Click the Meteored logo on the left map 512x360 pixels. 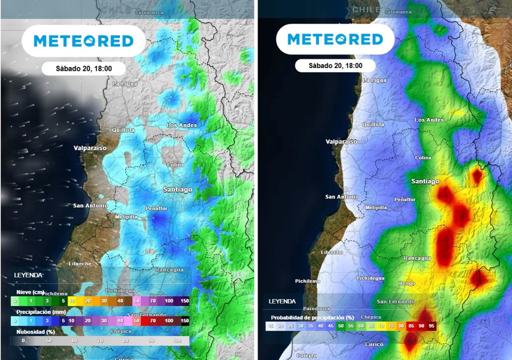click(x=83, y=41)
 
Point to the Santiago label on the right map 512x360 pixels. click(x=425, y=181)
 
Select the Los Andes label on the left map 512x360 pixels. click(x=181, y=125)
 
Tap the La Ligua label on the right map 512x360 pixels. click(x=374, y=80)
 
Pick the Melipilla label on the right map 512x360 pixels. click(x=376, y=207)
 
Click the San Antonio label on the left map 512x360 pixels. click(x=90, y=205)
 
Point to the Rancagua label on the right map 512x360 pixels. click(x=417, y=258)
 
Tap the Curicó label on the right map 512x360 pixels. click(x=373, y=344)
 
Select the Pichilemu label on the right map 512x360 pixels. click(x=307, y=281)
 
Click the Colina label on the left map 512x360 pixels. click(x=175, y=164)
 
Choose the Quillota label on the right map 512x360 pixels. click(x=373, y=124)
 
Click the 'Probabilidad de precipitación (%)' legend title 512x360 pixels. click(x=312, y=317)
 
